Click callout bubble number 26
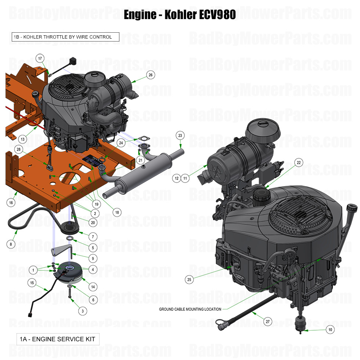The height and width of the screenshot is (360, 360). click(x=150, y=75)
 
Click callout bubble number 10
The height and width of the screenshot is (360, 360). click(x=330, y=330)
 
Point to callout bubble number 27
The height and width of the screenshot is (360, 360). click(x=267, y=322)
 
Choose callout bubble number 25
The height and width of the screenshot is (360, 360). click(x=189, y=280)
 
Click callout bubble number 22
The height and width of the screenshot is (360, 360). click(x=298, y=162)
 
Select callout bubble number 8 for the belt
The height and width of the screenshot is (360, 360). click(x=11, y=243)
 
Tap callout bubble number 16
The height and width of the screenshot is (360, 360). click(x=11, y=202)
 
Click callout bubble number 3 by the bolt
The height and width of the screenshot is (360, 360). click(x=83, y=311)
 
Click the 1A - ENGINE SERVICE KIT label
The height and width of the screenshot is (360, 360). click(x=58, y=338)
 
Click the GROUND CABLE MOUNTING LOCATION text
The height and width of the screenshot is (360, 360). click(x=190, y=309)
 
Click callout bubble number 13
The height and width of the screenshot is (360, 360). click(x=23, y=139)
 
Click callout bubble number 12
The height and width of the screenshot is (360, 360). click(x=177, y=178)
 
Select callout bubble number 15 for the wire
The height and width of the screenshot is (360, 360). click(x=32, y=282)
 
